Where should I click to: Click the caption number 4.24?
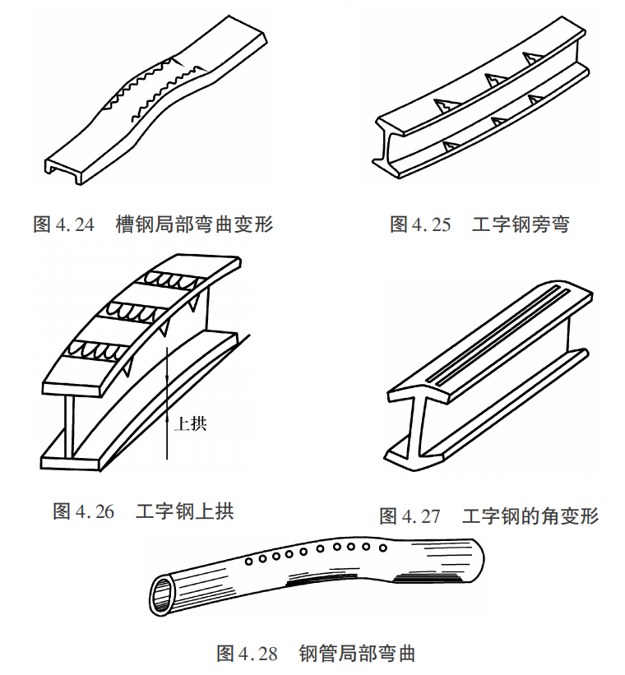pos(75,224)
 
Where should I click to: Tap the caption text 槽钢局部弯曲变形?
pos(194,224)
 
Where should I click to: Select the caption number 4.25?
pos(432,224)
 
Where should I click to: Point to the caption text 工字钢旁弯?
pos(521,224)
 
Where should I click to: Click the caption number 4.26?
pos(95,511)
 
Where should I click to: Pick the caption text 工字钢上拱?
pos(185,511)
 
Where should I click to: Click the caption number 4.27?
pos(421,516)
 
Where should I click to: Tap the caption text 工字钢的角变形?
pos(530,515)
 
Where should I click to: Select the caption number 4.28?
pos(258,654)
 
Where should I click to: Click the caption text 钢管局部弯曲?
pos(357,653)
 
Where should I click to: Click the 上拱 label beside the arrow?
pos(191,423)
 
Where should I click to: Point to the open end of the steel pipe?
pos(160,595)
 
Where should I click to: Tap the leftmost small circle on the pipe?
pos(248,562)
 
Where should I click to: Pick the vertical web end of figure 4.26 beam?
pos(69,426)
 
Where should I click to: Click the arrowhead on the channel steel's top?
pos(179,62)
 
